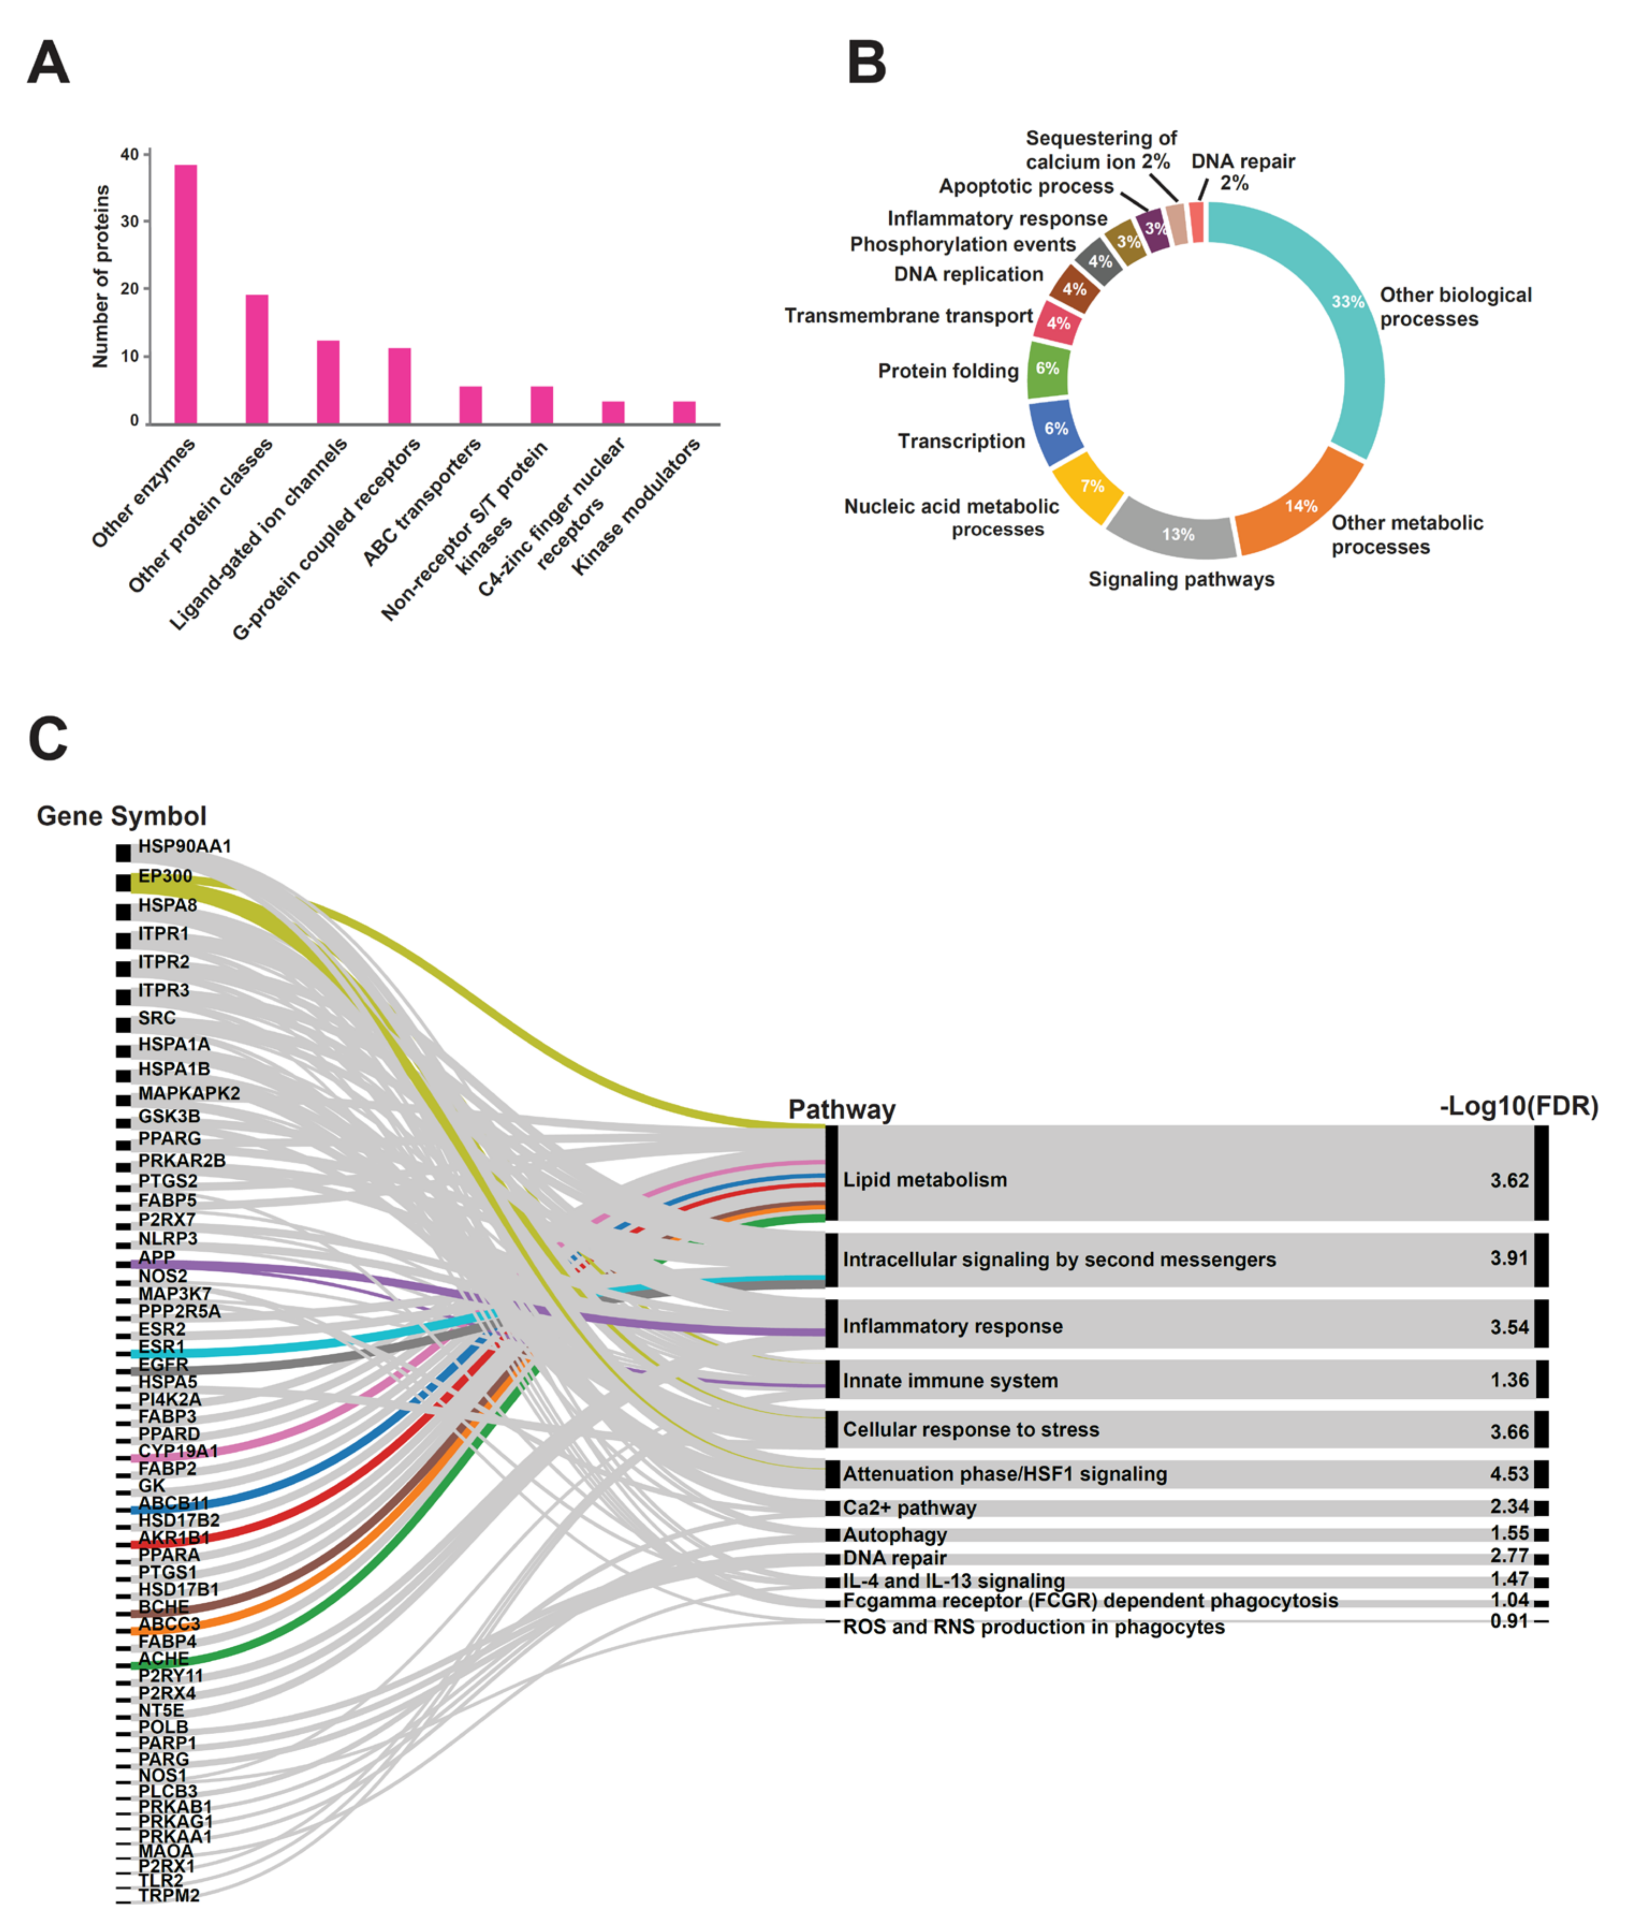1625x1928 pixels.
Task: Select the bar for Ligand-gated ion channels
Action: pyautogui.click(x=328, y=382)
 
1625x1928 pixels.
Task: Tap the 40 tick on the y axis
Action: pyautogui.click(x=130, y=155)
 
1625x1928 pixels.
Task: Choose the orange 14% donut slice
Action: pyautogui.click(x=1299, y=507)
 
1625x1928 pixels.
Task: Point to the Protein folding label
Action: pyautogui.click(x=948, y=371)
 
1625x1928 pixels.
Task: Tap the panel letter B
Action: pyautogui.click(x=866, y=63)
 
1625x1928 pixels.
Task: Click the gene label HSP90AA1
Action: pyautogui.click(x=184, y=845)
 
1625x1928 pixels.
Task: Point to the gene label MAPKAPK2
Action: pyautogui.click(x=189, y=1092)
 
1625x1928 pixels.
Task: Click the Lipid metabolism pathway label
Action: pyautogui.click(x=925, y=1179)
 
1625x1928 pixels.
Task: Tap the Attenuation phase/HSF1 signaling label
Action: pyautogui.click(x=1004, y=1474)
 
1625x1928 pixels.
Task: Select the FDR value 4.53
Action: pyautogui.click(x=1509, y=1474)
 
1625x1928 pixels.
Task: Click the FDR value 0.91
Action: pyautogui.click(x=1509, y=1622)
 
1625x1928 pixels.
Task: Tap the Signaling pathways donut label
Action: pyautogui.click(x=1181, y=579)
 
